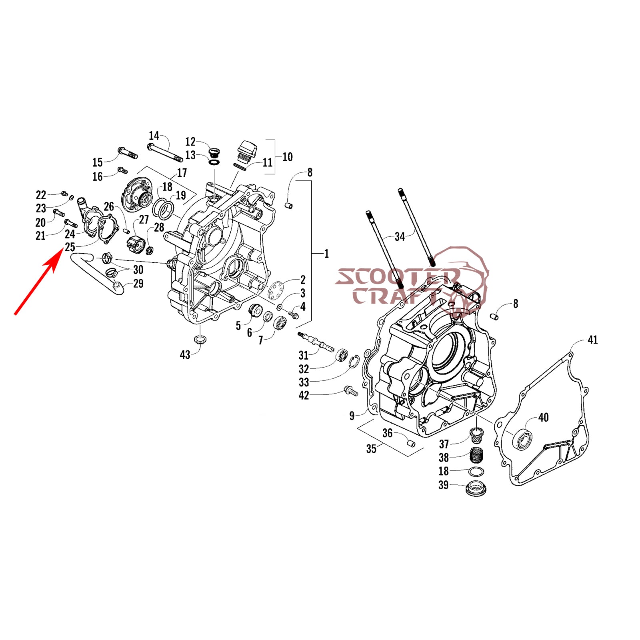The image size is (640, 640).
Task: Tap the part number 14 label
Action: pyautogui.click(x=154, y=136)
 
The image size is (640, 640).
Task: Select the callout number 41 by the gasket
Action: pyautogui.click(x=592, y=340)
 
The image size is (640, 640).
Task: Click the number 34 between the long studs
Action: pyautogui.click(x=400, y=237)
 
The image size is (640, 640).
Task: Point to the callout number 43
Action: pyautogui.click(x=185, y=355)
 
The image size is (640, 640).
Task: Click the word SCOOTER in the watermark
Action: pyautogui.click(x=398, y=277)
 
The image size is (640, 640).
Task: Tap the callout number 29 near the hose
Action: pyautogui.click(x=138, y=284)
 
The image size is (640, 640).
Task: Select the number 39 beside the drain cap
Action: pyautogui.click(x=443, y=485)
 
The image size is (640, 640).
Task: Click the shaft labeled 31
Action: pyautogui.click(x=316, y=342)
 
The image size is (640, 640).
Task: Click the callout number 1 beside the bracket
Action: pyautogui.click(x=326, y=254)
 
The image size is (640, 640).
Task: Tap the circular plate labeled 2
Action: pyautogui.click(x=276, y=290)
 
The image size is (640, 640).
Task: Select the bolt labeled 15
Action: pyautogui.click(x=127, y=153)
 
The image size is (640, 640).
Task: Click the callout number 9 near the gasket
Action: pyautogui.click(x=352, y=416)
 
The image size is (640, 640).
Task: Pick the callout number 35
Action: pyautogui.click(x=371, y=449)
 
